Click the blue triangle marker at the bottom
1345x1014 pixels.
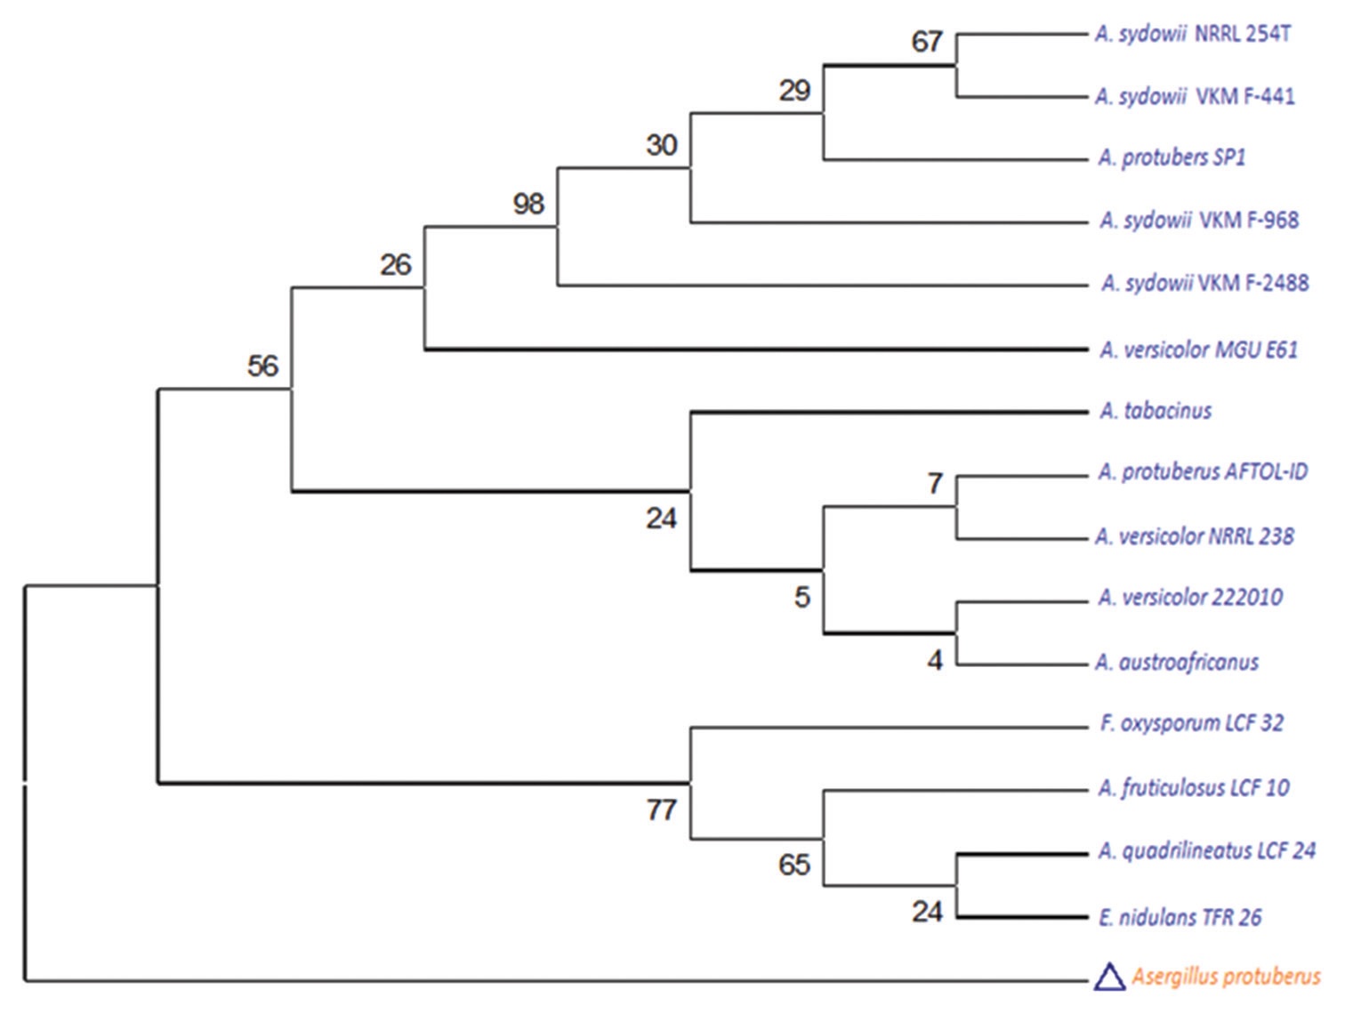[x=1109, y=977]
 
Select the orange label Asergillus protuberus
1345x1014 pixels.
[x=1226, y=977]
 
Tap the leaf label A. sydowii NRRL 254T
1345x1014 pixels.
[x=1193, y=35]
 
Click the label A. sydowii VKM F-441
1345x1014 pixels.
[x=1195, y=96]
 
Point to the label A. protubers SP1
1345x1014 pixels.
[x=1172, y=157]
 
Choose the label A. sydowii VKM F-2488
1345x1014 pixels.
[x=1204, y=283]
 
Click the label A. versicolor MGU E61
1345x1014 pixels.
[x=1198, y=350]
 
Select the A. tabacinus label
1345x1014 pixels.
[x=1156, y=411]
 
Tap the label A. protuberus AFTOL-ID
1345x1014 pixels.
[x=1203, y=471]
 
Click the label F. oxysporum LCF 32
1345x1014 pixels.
[x=1191, y=723]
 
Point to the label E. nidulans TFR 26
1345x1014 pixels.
[x=1180, y=917]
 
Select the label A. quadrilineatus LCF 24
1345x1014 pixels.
[x=1206, y=851]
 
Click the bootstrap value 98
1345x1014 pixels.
[x=528, y=204]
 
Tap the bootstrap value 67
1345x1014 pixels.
[x=927, y=42]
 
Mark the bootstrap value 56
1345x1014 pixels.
[x=262, y=366]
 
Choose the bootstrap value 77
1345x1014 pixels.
[x=662, y=809]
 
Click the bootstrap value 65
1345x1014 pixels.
[x=794, y=865]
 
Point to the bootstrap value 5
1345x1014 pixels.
[x=802, y=597]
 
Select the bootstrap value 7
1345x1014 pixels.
[x=935, y=483]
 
